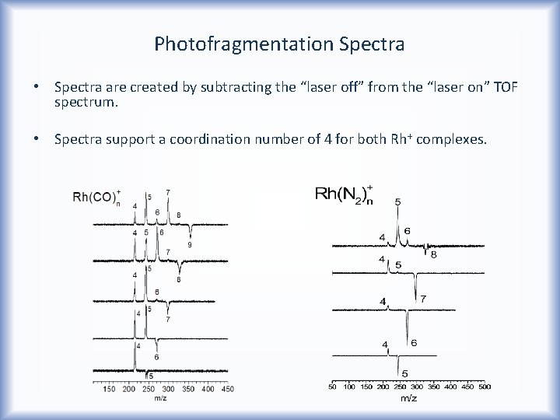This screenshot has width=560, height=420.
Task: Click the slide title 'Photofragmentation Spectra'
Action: [279, 43]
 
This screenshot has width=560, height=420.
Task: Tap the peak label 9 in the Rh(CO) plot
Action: [190, 245]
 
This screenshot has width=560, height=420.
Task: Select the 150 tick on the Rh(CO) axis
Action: [110, 388]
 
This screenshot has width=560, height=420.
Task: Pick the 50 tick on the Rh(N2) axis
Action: [332, 386]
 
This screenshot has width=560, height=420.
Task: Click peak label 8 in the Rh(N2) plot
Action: [433, 254]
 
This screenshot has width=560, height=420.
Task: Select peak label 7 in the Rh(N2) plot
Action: [423, 299]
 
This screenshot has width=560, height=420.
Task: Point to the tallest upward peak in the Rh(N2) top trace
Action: [398, 226]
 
